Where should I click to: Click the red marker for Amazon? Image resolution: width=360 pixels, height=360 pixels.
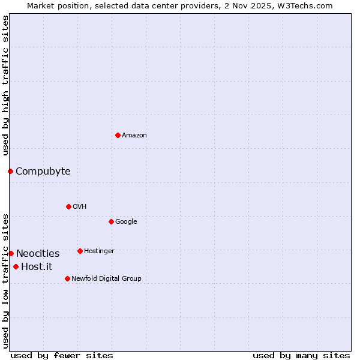coord(118,135)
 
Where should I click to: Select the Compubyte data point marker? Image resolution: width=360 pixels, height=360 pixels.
coord(10,171)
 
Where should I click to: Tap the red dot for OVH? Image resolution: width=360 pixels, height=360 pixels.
coord(68,206)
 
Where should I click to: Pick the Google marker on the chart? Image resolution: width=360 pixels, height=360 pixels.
coord(111,221)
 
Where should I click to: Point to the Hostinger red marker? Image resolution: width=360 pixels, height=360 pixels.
coord(80,251)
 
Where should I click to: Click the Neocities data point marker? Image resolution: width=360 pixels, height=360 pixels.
coord(11,253)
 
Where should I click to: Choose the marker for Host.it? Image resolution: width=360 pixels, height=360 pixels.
coord(16,266)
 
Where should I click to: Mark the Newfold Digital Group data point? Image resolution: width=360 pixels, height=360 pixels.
coord(67,278)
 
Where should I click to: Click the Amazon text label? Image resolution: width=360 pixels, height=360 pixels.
coord(134,136)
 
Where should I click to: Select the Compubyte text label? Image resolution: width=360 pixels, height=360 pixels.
coord(43,172)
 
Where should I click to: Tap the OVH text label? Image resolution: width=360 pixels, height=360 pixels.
coord(80,207)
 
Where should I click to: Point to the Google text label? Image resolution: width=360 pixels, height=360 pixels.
coord(126,222)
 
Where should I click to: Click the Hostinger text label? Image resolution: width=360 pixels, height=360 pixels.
coord(99,251)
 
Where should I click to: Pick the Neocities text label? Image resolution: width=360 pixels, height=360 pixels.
coord(38,254)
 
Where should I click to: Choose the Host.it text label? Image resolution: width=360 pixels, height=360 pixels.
coord(37,267)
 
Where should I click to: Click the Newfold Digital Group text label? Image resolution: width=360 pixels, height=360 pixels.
coord(106,279)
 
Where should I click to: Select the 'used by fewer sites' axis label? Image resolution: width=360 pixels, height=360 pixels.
coord(62,355)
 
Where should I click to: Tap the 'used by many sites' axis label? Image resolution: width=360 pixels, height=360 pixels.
coord(301,355)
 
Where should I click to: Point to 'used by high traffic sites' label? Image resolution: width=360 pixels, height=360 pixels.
coord(5,85)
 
